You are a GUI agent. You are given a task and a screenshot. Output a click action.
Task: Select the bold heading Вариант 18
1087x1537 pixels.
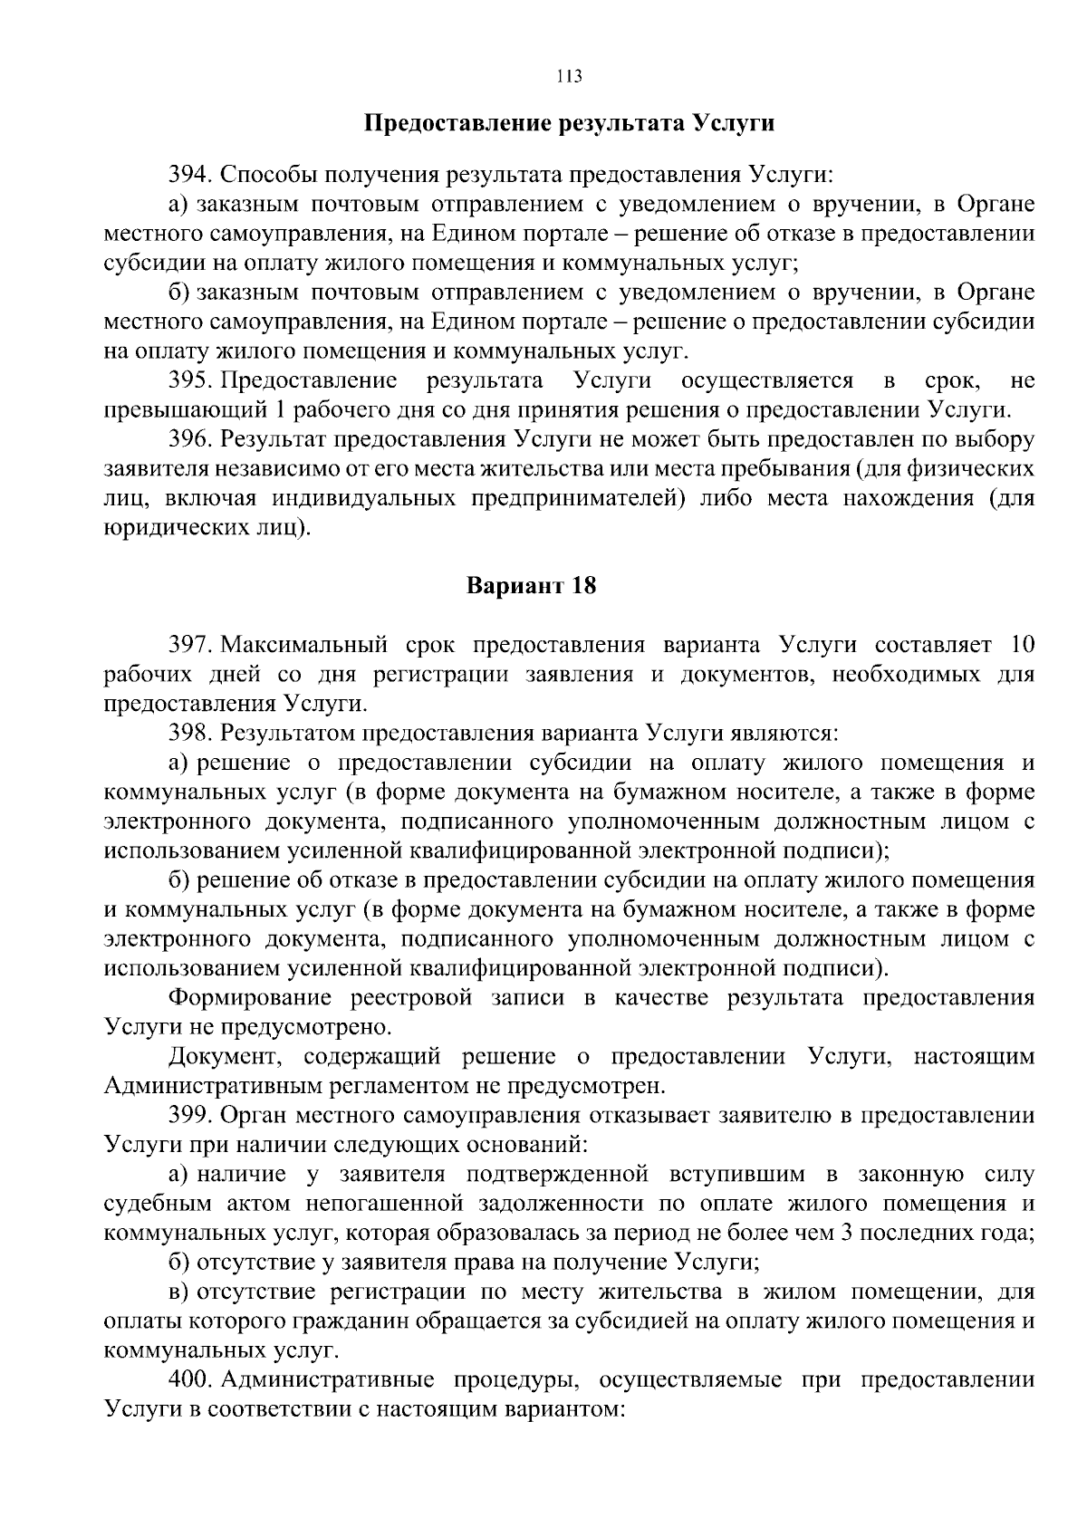click(x=532, y=585)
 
